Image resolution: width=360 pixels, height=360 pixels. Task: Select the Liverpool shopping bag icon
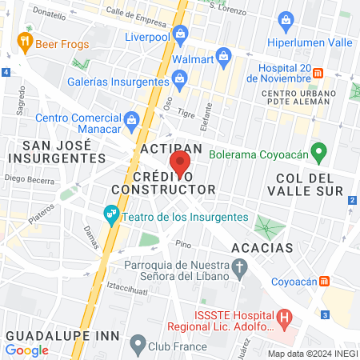(x=180, y=34)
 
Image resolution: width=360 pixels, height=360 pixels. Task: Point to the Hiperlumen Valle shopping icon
(x=285, y=20)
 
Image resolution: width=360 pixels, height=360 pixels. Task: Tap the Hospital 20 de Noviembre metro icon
(x=318, y=73)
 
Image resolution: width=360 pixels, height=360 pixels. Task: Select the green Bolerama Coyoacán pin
(x=318, y=150)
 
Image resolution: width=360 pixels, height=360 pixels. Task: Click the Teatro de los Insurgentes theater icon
(x=111, y=214)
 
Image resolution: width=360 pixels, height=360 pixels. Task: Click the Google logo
(x=27, y=350)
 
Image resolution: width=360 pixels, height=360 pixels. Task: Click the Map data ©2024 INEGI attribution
(x=312, y=353)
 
